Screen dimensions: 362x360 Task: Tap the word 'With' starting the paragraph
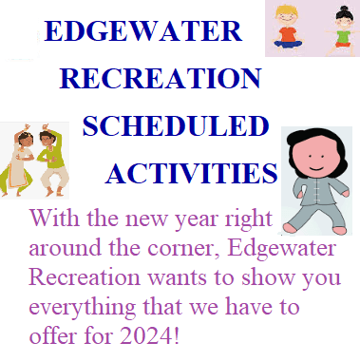51,221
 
